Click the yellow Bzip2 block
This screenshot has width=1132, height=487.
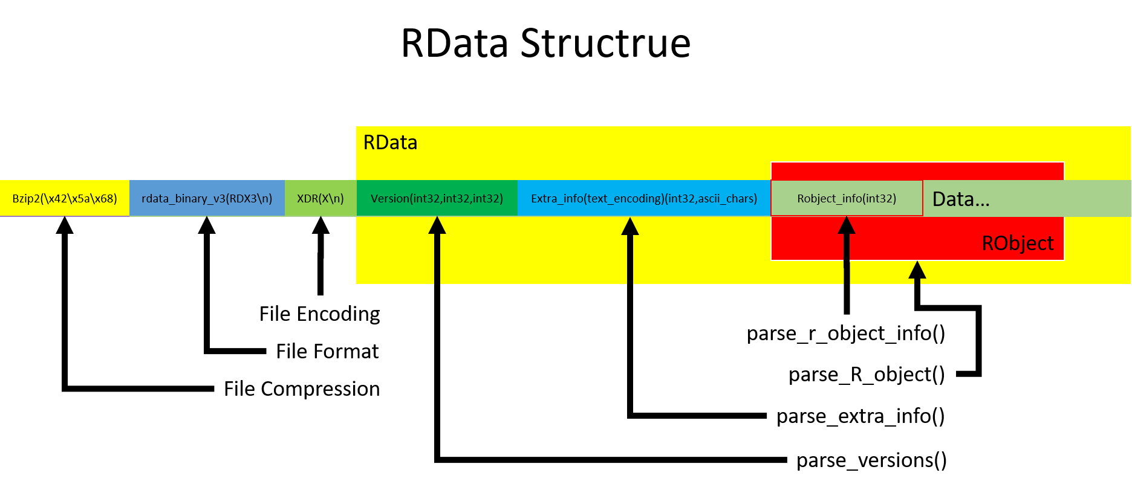[x=64, y=198]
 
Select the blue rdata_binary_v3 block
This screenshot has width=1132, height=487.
[x=207, y=198]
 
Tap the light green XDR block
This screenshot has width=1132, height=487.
[x=320, y=198]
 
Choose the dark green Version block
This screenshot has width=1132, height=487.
[x=437, y=198]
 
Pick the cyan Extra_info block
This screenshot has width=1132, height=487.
[x=643, y=198]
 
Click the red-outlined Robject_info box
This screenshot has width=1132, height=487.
[x=847, y=198]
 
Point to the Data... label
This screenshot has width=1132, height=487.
[x=961, y=199]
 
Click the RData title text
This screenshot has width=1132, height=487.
[x=390, y=143]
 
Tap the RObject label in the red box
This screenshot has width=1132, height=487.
[x=1017, y=243]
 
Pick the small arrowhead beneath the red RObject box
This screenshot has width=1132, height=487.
[x=917, y=271]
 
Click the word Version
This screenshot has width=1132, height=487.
[x=389, y=199]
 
